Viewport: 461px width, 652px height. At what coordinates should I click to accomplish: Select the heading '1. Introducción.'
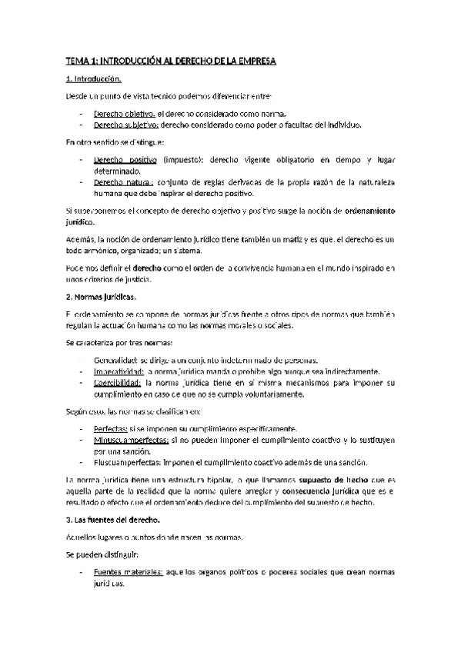point(93,78)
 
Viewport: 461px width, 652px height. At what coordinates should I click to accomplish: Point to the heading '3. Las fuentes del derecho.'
point(112,521)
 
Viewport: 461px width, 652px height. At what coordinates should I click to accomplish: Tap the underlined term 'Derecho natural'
point(122,182)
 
